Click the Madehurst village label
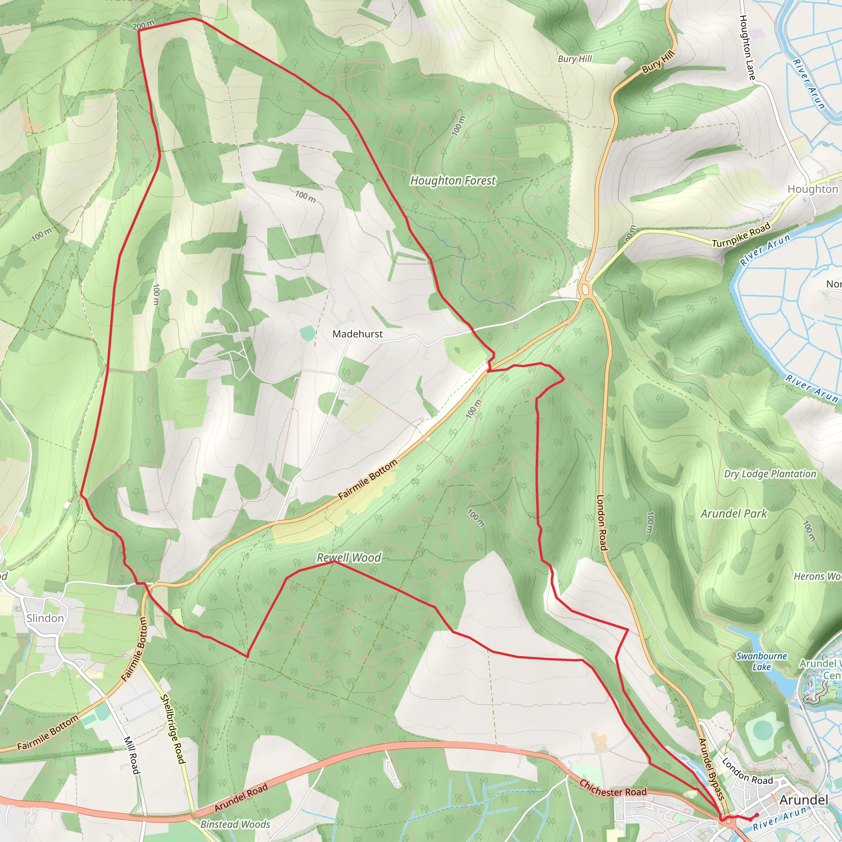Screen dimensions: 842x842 (357, 334)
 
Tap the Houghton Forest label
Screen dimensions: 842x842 (453, 180)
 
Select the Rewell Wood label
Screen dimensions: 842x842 (349, 557)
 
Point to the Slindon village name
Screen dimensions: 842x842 (45, 618)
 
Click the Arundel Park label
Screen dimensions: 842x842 (733, 514)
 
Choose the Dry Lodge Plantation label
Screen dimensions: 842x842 (770, 474)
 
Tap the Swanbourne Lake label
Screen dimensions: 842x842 (761, 661)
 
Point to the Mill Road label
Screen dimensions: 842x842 (131, 755)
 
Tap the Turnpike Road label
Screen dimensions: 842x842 (741, 236)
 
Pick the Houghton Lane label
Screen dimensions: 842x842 (747, 48)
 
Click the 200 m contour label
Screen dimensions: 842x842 (143, 25)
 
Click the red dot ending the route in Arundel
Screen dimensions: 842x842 (757, 815)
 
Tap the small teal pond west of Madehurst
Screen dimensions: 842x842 (307, 333)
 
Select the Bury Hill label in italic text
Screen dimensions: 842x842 (575, 59)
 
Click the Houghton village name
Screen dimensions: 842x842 (812, 189)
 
